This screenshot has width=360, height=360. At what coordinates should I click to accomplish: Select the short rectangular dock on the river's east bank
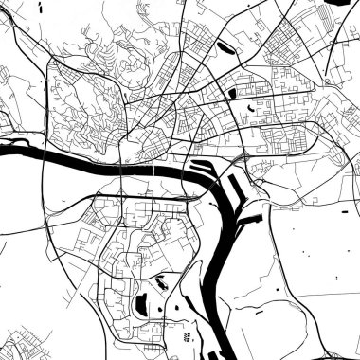click(x=248, y=220)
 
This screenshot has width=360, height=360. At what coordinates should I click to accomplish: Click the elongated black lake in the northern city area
click(x=225, y=44)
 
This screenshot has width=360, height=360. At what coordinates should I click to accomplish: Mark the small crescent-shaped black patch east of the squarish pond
click(x=250, y=108)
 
